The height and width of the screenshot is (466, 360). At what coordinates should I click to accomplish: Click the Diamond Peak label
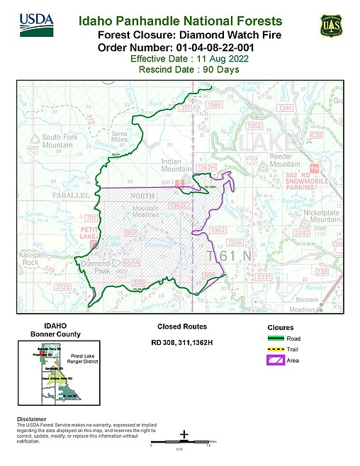click(x=95, y=268)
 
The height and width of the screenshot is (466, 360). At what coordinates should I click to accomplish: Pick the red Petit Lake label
click(x=87, y=233)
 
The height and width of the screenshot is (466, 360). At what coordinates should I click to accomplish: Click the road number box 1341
click(x=286, y=108)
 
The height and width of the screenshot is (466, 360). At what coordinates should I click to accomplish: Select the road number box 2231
click(x=263, y=277)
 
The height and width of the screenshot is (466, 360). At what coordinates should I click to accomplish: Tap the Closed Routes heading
click(x=181, y=327)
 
